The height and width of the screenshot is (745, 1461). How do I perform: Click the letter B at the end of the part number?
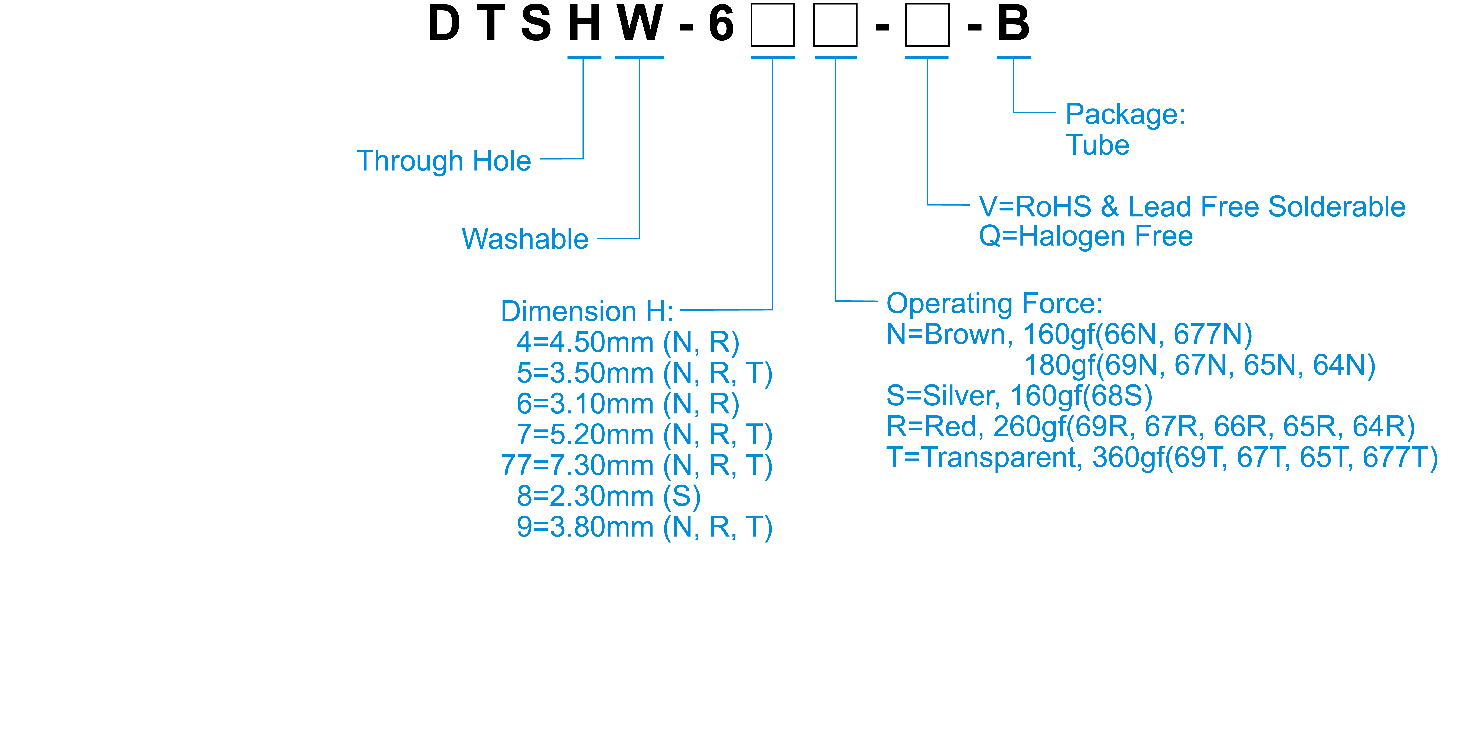point(1013,24)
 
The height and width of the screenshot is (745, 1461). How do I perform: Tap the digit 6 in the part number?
point(721,24)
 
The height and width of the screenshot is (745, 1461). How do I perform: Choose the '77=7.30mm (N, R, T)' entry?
point(636,465)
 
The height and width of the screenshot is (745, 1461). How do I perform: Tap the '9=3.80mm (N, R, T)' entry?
point(644,527)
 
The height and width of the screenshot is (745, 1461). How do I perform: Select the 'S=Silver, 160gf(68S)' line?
point(1019,396)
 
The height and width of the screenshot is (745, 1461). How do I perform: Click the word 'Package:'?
point(1125,114)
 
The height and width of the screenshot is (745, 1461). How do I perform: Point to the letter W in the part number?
point(640,24)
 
